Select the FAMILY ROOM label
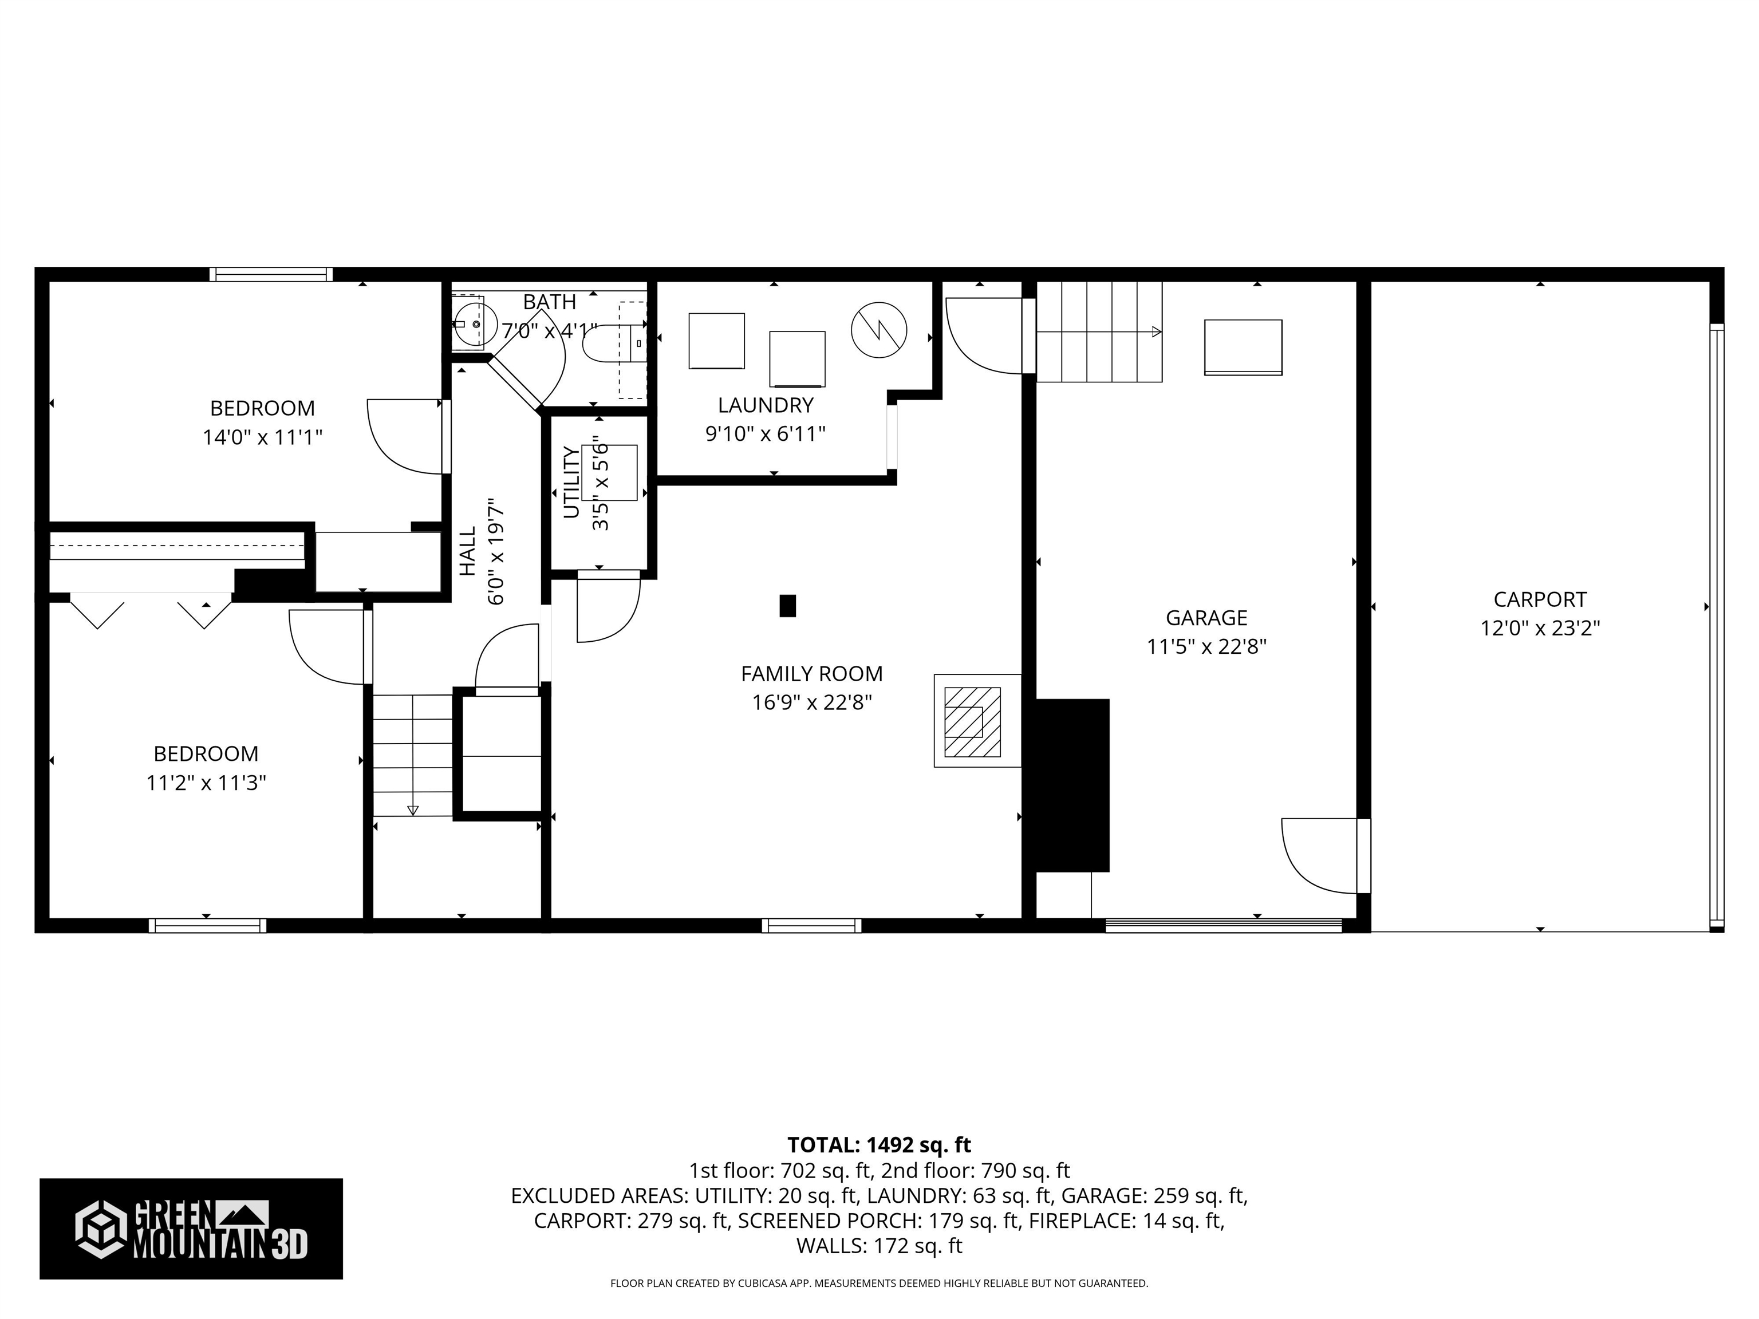coord(811,674)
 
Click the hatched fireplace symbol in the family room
coord(972,722)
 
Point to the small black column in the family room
coord(787,606)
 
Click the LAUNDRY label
coord(765,405)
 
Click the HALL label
coord(468,551)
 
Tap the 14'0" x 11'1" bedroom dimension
coord(262,437)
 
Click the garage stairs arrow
coord(1155,331)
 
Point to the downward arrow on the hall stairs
coord(412,810)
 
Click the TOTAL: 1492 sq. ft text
coord(879,1145)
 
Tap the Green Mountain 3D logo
coord(191,1229)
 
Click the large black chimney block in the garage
coord(1070,785)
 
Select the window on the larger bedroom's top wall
coord(271,274)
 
